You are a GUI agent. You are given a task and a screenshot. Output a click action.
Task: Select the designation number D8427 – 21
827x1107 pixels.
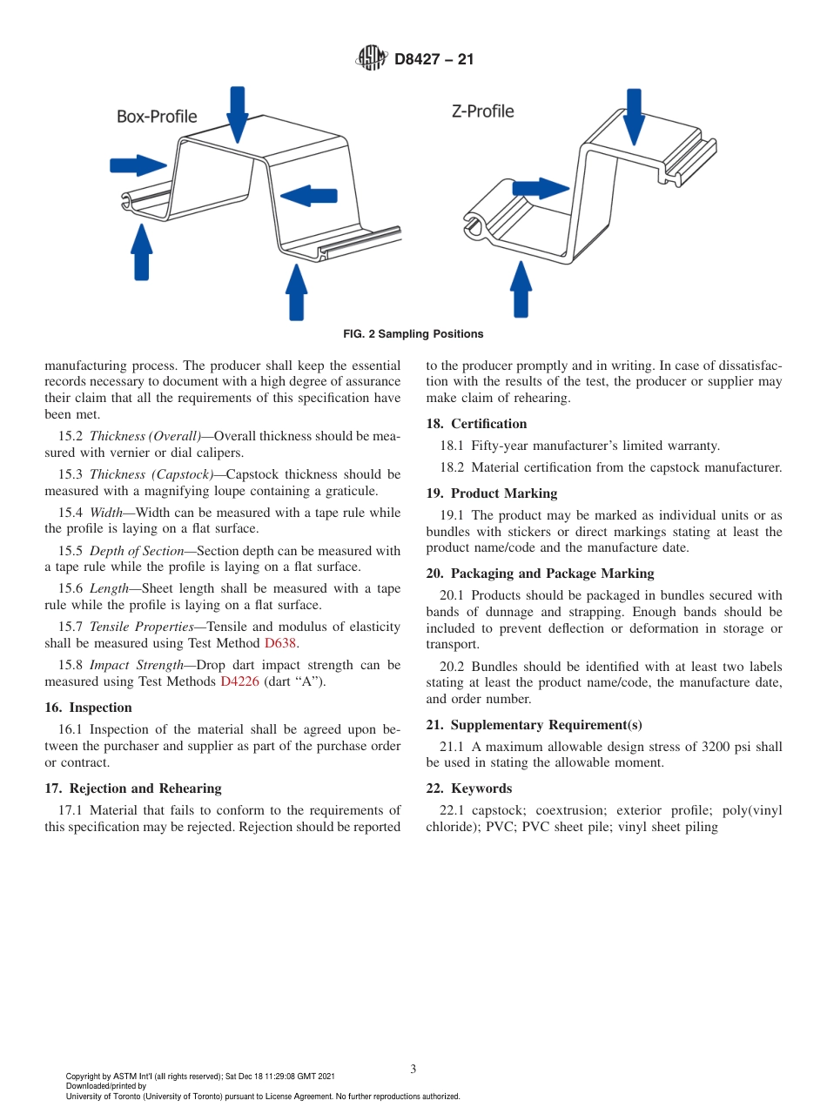pos(434,60)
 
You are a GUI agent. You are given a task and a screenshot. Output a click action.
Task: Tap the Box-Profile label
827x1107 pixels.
pos(157,117)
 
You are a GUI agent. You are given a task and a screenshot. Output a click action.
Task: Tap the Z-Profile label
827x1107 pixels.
pos(482,111)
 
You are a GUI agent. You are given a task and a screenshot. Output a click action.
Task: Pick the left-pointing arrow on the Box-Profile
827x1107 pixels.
pos(308,196)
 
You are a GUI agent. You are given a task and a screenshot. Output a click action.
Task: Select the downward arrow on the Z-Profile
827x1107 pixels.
pos(634,116)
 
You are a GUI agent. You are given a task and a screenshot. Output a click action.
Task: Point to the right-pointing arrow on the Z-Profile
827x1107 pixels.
pos(540,188)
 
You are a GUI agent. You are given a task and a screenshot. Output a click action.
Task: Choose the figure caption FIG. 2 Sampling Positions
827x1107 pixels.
pos(413,334)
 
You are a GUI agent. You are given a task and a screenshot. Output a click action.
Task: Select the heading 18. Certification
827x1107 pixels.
pos(476,424)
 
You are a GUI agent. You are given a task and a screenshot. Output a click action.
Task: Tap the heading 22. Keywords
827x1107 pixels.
pos(469,788)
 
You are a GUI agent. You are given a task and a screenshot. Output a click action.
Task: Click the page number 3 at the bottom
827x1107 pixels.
pos(413,1069)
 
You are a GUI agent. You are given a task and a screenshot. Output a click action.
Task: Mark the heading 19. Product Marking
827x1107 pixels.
pos(492,493)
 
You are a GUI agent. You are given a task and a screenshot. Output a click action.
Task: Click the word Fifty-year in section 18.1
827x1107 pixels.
pos(501,446)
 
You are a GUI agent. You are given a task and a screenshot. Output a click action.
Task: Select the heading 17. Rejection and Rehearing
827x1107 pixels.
pos(133,788)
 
